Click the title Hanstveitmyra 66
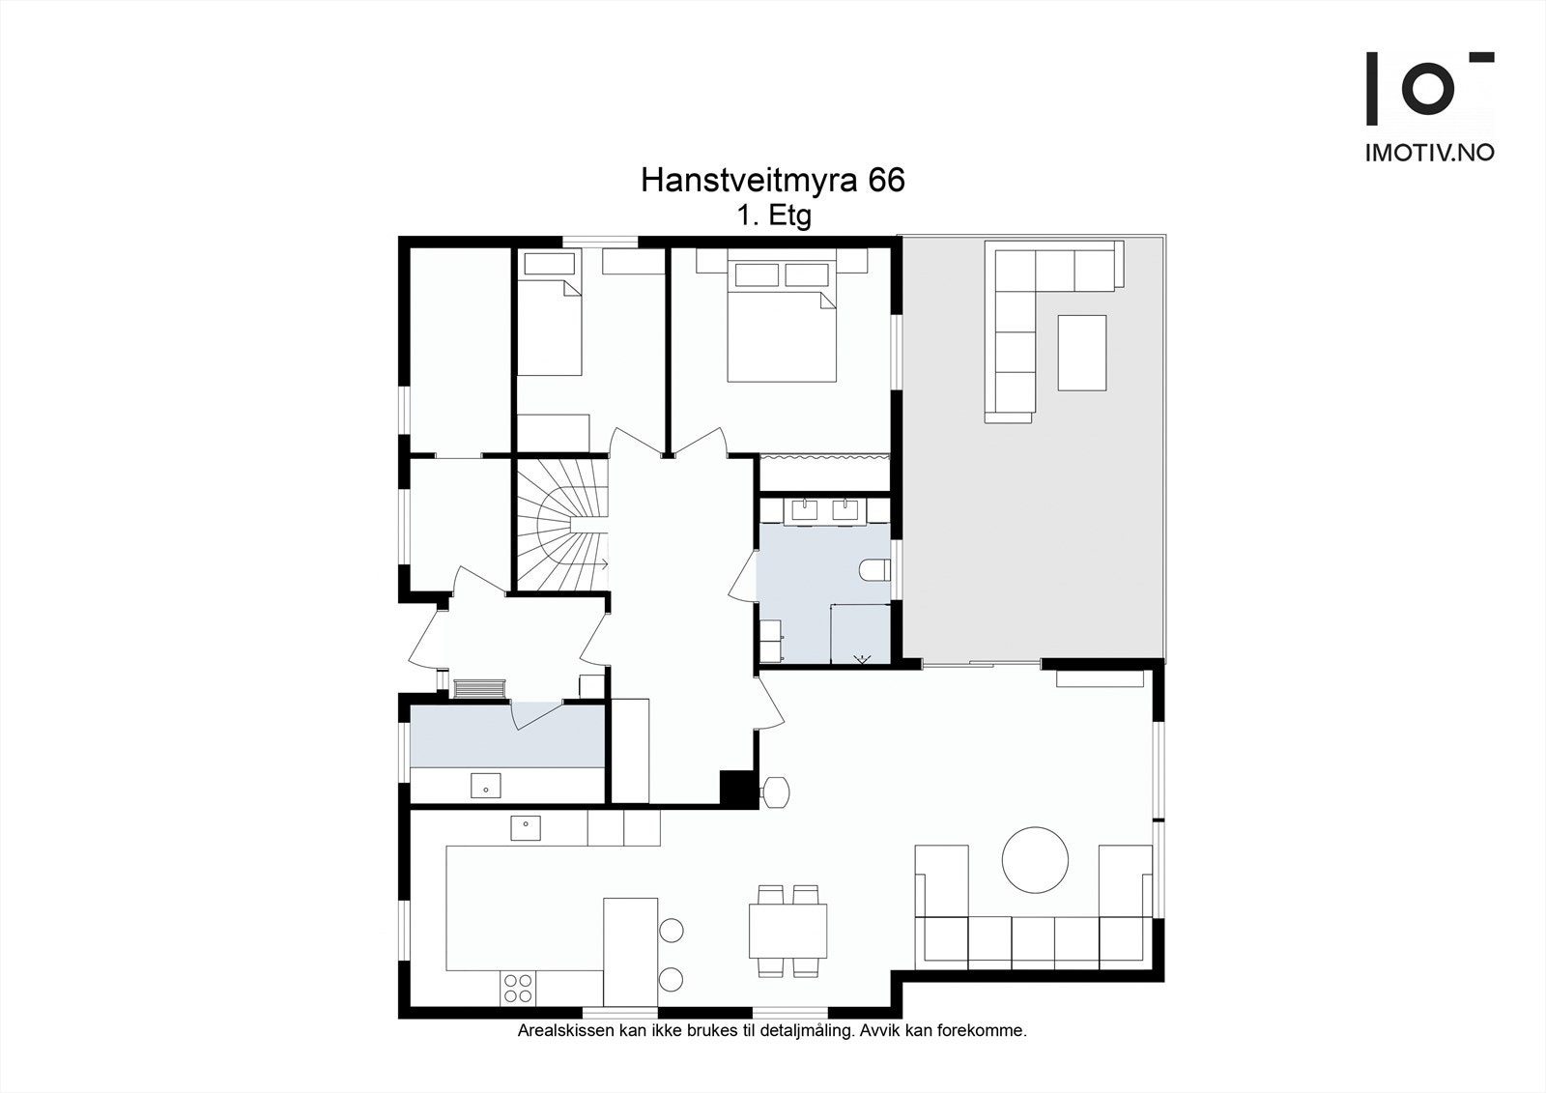[x=773, y=181]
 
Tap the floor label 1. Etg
[x=773, y=216]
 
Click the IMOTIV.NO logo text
[x=1429, y=152]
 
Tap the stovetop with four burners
[x=518, y=988]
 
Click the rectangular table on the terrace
[x=1081, y=353]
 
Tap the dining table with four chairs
[x=787, y=930]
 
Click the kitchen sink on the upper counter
[x=525, y=827]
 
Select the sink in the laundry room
[x=485, y=786]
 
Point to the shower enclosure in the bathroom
[x=860, y=633]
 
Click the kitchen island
[x=630, y=951]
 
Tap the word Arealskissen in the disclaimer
[x=561, y=1031]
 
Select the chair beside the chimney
[x=775, y=792]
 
